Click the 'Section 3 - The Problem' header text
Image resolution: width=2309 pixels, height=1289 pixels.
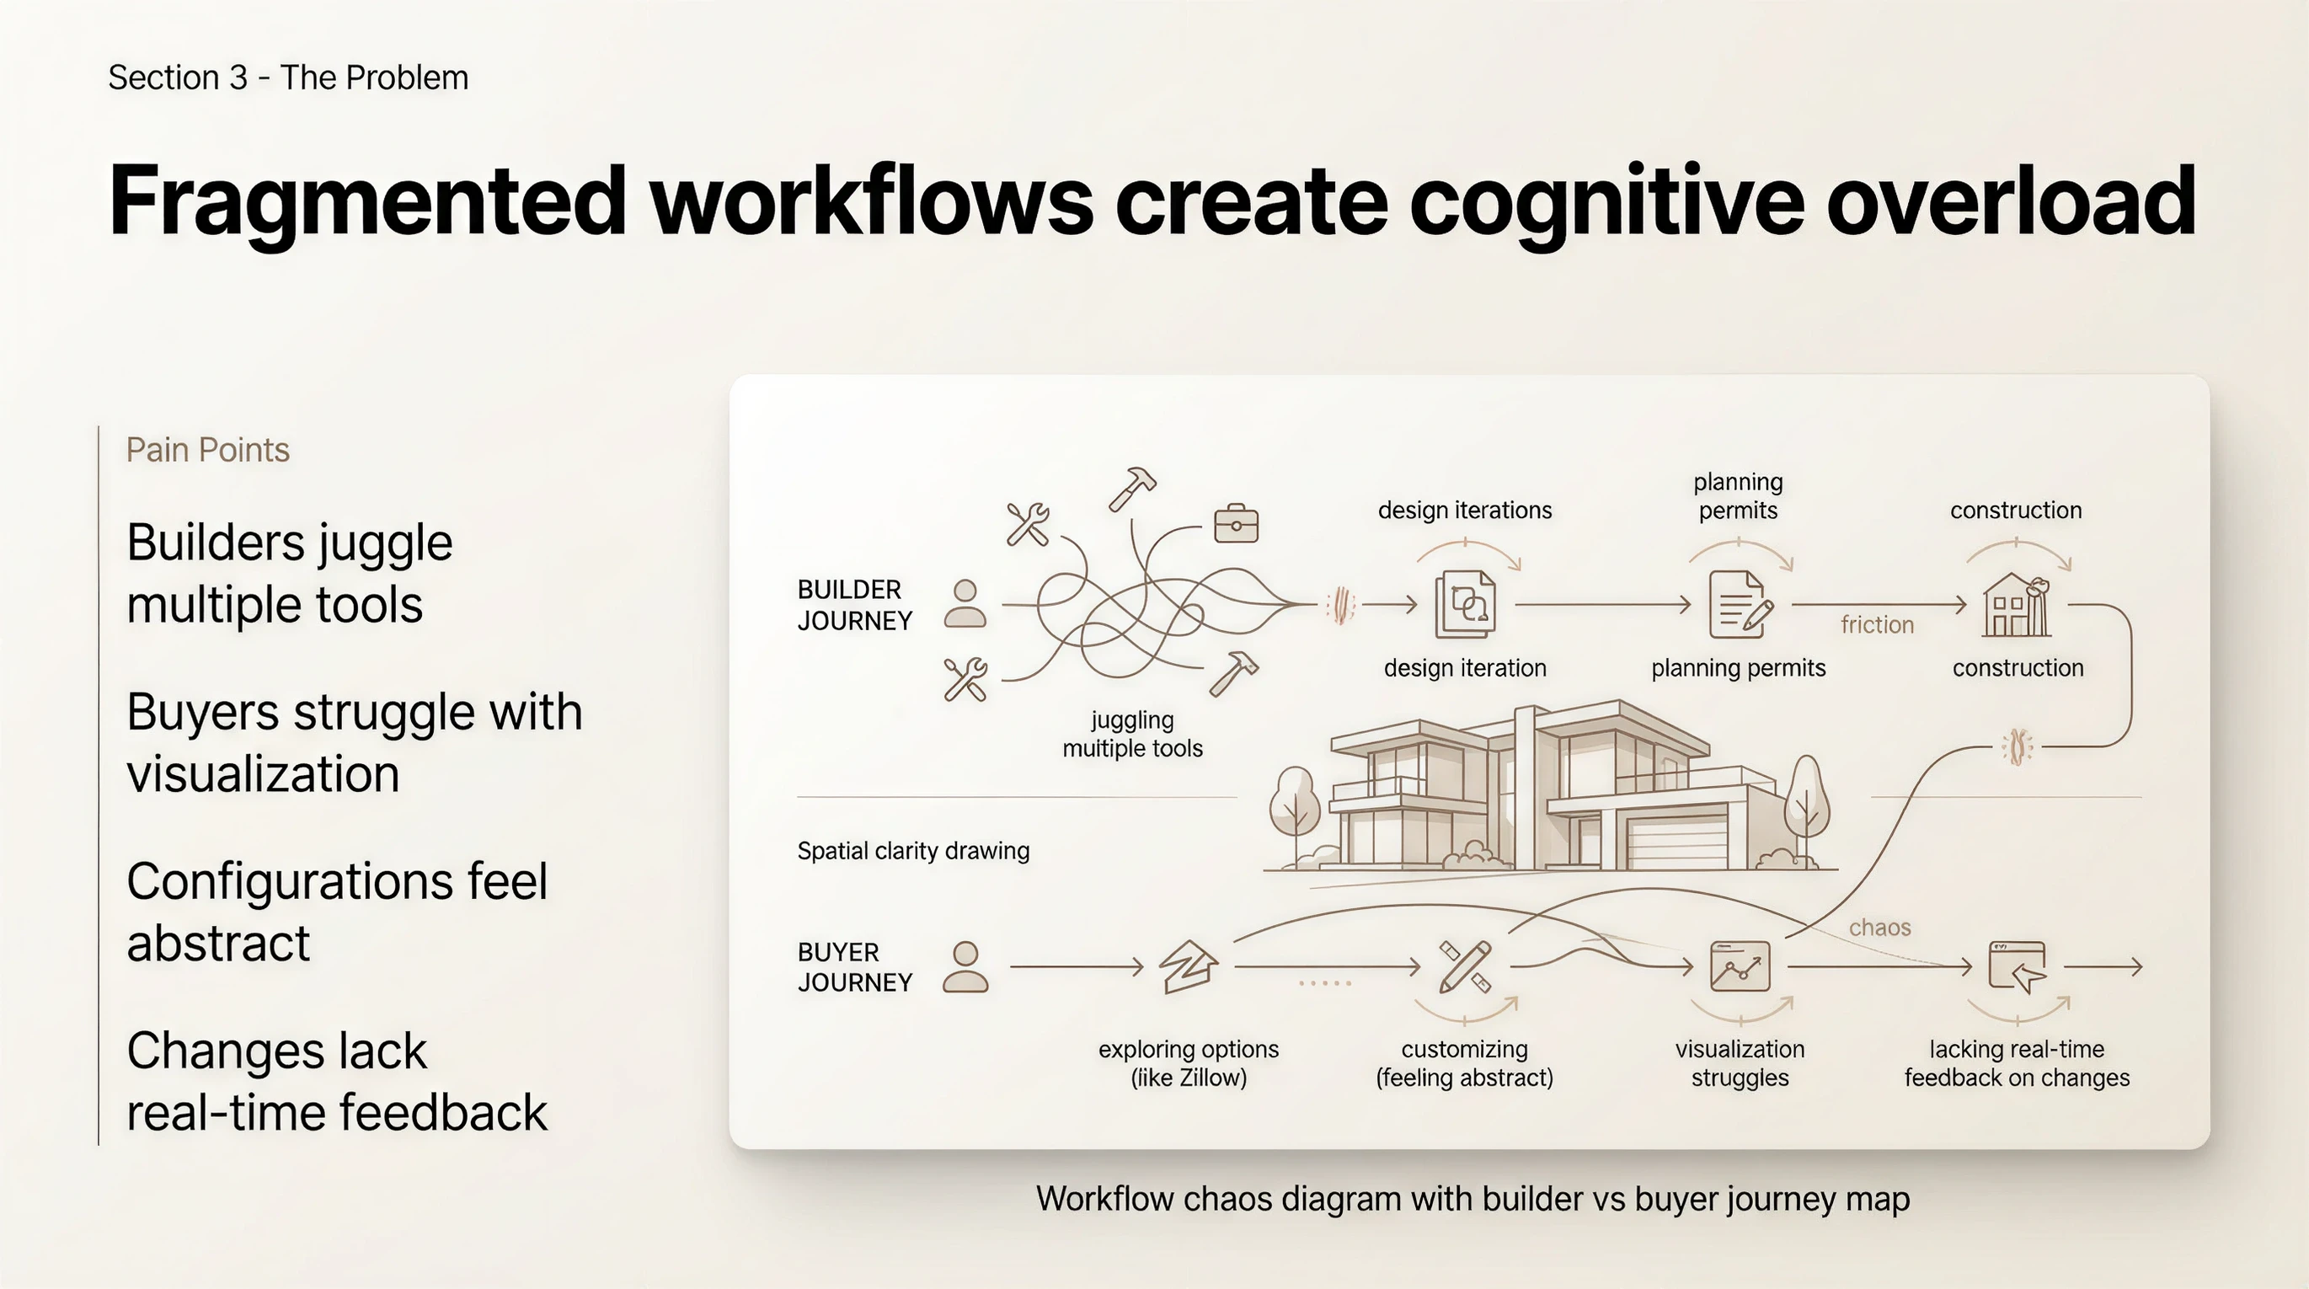[288, 78]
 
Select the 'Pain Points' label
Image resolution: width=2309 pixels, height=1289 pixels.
[207, 450]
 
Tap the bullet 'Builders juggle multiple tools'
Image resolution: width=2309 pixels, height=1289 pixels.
[289, 573]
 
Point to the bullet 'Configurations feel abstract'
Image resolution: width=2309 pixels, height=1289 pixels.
[336, 912]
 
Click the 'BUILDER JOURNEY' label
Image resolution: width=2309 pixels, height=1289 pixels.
[854, 605]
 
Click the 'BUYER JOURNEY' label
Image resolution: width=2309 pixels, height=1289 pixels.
[854, 967]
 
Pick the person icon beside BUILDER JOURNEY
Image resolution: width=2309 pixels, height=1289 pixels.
[965, 603]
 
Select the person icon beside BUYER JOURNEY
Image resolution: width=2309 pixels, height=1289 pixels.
[965, 966]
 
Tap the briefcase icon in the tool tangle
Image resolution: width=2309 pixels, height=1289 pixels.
[1236, 523]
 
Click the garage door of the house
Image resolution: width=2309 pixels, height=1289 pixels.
[1676, 843]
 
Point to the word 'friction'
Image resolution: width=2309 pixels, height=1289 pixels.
[1877, 625]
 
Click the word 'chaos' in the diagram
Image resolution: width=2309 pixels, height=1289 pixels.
[1879, 927]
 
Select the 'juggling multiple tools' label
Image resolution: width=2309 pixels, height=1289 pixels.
[1132, 734]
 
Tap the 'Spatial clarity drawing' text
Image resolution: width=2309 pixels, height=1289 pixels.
[912, 851]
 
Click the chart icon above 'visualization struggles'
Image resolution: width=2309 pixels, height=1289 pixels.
[1740, 966]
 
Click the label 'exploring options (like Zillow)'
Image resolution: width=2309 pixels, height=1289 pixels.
[1189, 1063]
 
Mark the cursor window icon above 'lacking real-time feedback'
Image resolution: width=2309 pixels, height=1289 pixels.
[2017, 966]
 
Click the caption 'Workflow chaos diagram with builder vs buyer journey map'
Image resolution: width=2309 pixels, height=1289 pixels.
[1473, 1200]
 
